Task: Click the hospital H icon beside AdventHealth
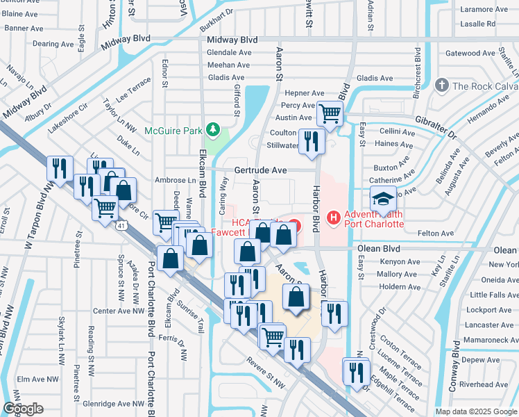tap(334, 218)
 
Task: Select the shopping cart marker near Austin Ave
tap(330, 113)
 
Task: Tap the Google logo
tap(23, 409)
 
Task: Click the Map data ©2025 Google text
tap(476, 411)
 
